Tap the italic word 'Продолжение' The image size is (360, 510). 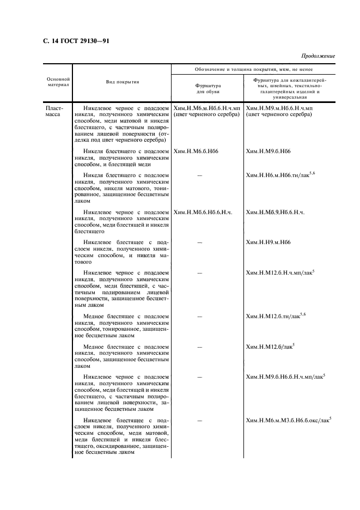tap(318, 56)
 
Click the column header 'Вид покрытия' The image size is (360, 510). tap(122, 82)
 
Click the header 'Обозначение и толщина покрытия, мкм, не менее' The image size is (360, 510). tap(254, 69)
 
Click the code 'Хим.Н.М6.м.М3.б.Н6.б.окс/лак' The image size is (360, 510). tap(288, 421)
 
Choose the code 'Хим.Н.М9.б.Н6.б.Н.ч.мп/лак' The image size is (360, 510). tap(285, 377)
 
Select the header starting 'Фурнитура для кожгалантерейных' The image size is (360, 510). tap(290, 89)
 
